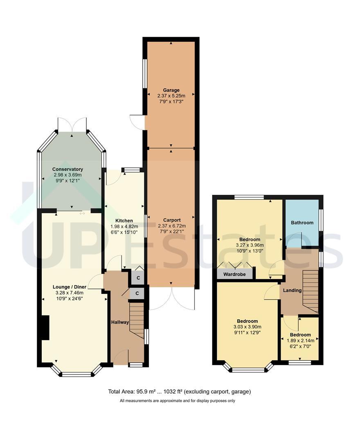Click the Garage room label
point(171,90)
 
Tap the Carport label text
point(172,220)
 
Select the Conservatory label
point(67,169)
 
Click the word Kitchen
point(124,221)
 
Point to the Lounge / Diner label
point(70,287)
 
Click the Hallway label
point(120,322)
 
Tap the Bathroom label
point(302,223)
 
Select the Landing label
point(292,290)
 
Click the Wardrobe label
point(234,274)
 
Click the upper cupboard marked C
point(138,278)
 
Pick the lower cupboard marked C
point(137,293)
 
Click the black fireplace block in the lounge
point(45,328)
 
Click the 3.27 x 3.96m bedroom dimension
point(250,245)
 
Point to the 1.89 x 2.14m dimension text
point(300,341)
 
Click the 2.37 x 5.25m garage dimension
point(171,96)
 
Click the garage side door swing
point(137,122)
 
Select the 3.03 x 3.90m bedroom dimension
point(248,327)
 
